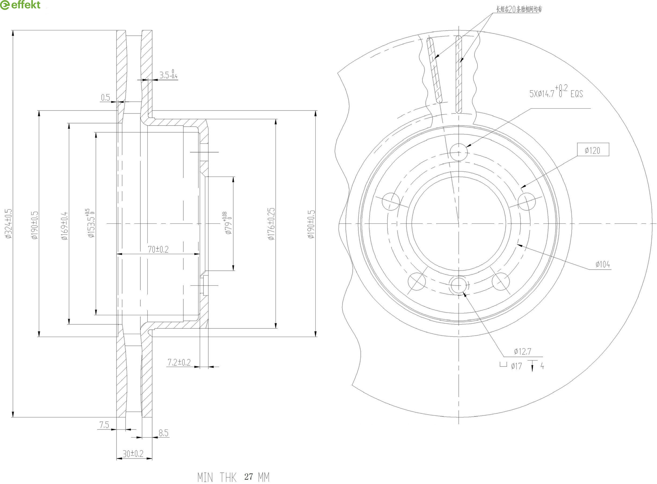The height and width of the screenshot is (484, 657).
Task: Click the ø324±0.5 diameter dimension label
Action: (x=9, y=223)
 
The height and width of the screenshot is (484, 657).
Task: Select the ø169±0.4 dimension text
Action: (x=64, y=226)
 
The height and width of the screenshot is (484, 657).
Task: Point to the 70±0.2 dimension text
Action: (x=158, y=249)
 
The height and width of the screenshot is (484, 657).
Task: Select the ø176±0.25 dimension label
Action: (x=271, y=224)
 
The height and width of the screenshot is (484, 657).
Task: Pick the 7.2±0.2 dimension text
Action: (x=179, y=362)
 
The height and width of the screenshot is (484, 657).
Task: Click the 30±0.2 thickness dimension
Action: (x=133, y=454)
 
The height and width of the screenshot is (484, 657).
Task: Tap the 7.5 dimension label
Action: (x=104, y=425)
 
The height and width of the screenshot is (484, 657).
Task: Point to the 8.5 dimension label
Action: (x=163, y=433)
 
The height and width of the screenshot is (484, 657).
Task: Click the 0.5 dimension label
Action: (x=105, y=97)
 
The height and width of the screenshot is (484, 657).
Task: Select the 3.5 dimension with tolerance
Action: (x=168, y=75)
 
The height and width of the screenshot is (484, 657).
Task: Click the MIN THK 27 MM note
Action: (x=233, y=477)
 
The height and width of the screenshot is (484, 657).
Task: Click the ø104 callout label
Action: (x=603, y=264)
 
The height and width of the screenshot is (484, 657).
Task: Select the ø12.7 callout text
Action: (x=522, y=351)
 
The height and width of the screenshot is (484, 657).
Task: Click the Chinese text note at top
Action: (x=519, y=9)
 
